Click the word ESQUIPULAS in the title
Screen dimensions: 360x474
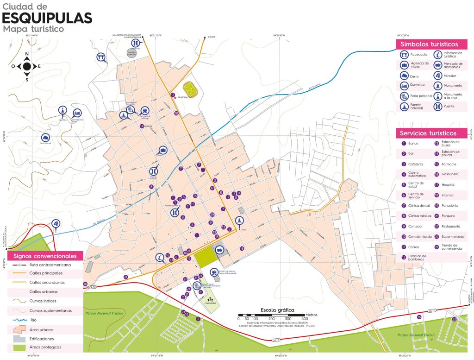(x=47, y=18)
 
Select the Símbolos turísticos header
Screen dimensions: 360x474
(x=429, y=44)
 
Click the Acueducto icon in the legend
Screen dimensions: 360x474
(x=405, y=54)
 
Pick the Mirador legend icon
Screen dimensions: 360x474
(x=437, y=76)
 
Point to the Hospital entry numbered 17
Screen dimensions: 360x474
(x=437, y=184)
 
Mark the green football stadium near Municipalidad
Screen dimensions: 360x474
(x=189, y=88)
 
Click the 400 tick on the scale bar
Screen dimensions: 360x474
(x=305, y=319)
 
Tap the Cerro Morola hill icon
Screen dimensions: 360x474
(x=45, y=138)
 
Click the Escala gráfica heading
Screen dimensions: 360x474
(x=277, y=310)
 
